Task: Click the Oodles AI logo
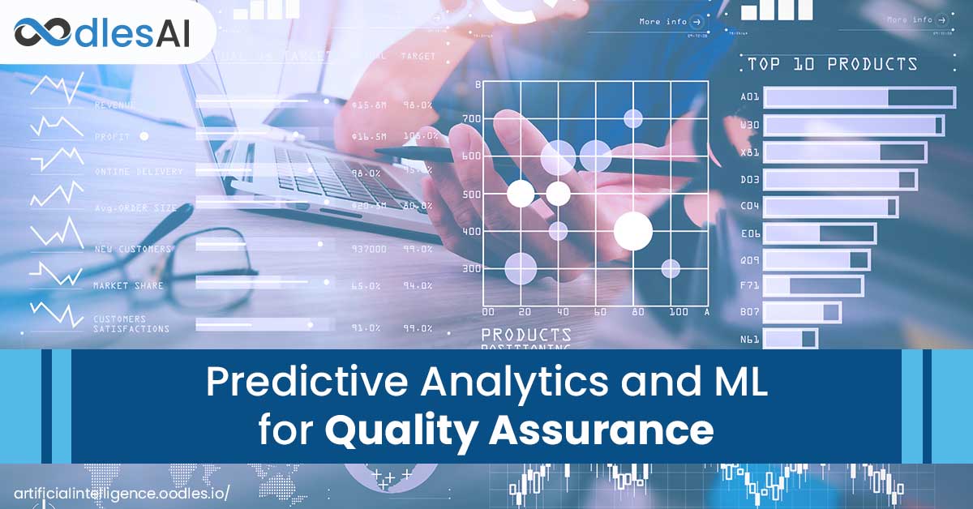point(101,33)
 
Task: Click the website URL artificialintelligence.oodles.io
point(122,493)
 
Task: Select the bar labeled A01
point(859,97)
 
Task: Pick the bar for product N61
point(791,338)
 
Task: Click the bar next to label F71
point(814,285)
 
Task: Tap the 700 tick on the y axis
point(471,118)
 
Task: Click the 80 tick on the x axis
point(638,312)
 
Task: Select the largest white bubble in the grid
point(633,231)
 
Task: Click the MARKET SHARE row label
point(127,285)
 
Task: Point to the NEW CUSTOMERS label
point(132,249)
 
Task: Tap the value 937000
point(369,249)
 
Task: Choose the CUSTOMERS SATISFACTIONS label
point(131,324)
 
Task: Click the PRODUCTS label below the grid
point(526,334)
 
